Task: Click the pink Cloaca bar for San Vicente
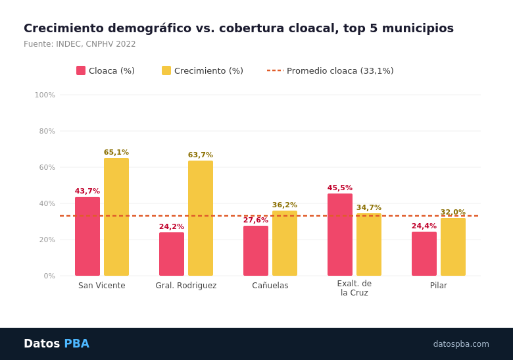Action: (87, 236)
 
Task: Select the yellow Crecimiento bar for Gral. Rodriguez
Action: (201, 218)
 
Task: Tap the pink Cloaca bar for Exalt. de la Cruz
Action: (340, 234)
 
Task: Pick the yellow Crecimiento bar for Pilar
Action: (453, 247)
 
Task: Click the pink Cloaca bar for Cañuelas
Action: (256, 251)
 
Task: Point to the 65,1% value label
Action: (116, 153)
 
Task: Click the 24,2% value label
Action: (172, 227)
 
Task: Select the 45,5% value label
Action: (340, 188)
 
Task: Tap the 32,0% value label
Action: (453, 213)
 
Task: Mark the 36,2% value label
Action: (285, 205)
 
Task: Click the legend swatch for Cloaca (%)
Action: (81, 70)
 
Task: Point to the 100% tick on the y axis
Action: (45, 95)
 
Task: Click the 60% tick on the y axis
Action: (47, 168)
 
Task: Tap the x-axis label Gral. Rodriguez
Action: (186, 286)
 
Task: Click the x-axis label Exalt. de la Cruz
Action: (354, 288)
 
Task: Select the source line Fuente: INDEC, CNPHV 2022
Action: (80, 44)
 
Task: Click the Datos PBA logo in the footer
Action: (57, 344)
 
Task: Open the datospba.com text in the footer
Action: (461, 344)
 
